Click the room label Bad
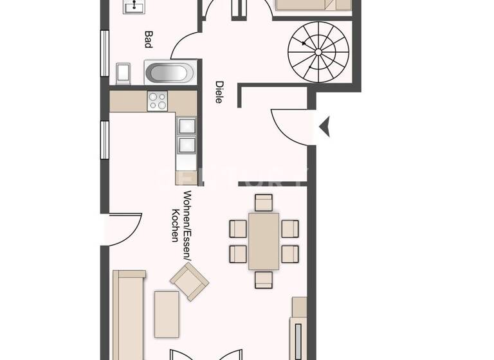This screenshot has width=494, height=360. (x=148, y=40)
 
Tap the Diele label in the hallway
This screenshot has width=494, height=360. (x=219, y=92)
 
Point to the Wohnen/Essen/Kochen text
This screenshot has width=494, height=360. (x=181, y=216)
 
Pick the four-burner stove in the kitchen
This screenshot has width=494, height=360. (x=158, y=101)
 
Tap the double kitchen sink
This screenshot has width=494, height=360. (x=186, y=136)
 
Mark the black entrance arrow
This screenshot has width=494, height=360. (x=324, y=125)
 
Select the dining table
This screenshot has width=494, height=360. (x=264, y=241)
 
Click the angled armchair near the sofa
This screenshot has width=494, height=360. (x=189, y=282)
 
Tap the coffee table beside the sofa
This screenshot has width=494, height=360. (x=167, y=314)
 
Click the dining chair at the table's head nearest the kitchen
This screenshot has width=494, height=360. (x=264, y=203)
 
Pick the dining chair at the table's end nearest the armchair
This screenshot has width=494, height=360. (x=264, y=280)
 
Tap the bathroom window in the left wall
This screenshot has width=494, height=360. (x=104, y=53)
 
